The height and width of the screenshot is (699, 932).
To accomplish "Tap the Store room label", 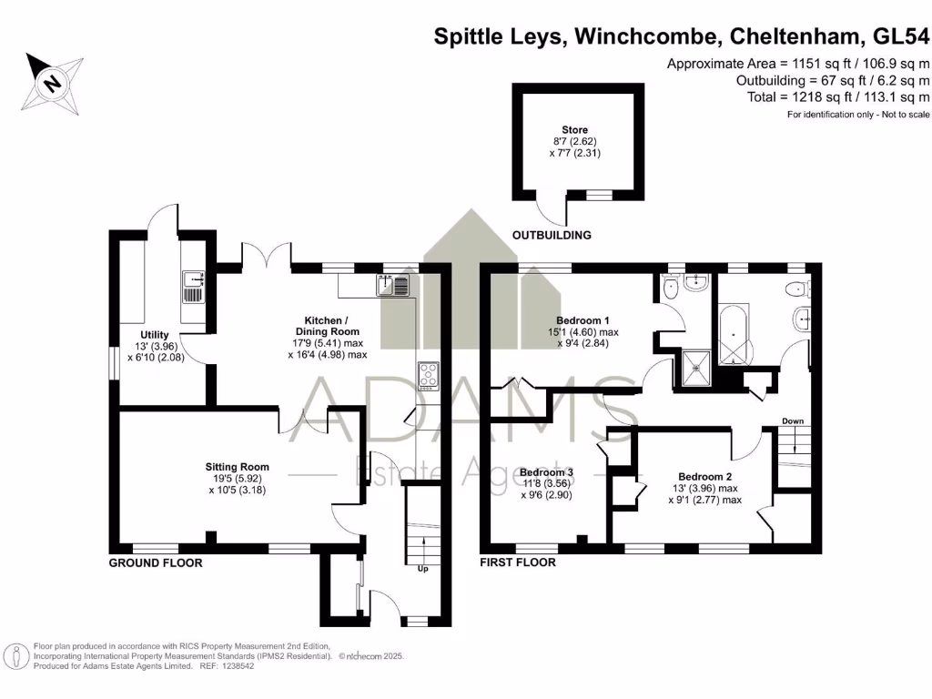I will [x=574, y=130].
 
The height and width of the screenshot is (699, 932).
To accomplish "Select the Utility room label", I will [x=154, y=335].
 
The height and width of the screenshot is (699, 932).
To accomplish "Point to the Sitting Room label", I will [x=237, y=467].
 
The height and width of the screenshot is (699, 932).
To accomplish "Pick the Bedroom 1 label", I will [x=582, y=320].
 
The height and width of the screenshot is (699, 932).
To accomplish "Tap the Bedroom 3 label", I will [x=546, y=472].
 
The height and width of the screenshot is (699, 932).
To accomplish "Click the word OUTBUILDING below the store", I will [x=552, y=235].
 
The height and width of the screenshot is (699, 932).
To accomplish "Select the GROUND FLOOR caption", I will [x=156, y=563].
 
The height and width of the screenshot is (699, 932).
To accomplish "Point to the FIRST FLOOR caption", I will [x=518, y=563].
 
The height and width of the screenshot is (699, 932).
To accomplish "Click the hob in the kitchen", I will [x=428, y=375].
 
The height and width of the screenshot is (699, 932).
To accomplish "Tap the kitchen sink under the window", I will [x=395, y=286].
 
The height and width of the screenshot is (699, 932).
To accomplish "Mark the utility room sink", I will [x=193, y=285].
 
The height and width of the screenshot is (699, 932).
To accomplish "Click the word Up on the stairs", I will [x=422, y=570].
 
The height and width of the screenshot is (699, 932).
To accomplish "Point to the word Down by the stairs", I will [x=792, y=421].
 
